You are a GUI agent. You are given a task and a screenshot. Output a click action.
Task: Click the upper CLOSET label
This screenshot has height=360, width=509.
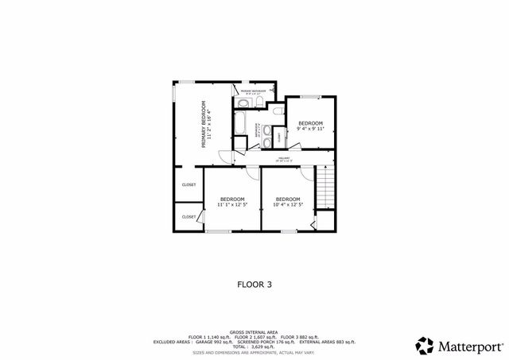point(188,185)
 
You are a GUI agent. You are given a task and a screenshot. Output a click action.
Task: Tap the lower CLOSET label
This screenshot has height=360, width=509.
point(188,216)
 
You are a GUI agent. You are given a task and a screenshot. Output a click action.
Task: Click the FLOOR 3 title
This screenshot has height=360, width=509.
point(254,282)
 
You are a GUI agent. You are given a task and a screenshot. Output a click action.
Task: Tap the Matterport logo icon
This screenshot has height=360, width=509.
point(424,346)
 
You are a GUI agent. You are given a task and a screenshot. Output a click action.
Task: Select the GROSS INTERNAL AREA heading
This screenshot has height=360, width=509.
point(254,332)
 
